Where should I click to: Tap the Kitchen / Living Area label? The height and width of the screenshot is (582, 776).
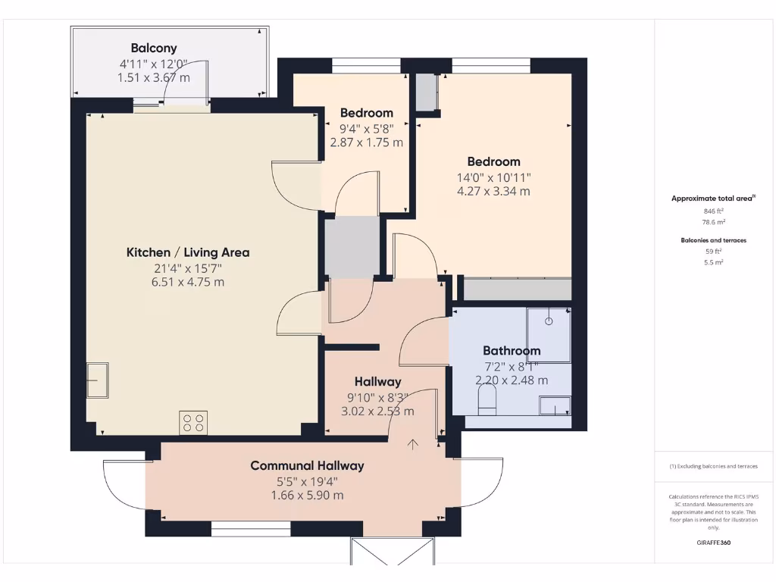click(x=188, y=252)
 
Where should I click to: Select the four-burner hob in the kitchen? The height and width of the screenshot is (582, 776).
click(x=193, y=422)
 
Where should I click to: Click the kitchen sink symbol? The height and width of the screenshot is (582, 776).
click(x=97, y=380)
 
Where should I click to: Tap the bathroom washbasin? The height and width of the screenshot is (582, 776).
click(x=555, y=407)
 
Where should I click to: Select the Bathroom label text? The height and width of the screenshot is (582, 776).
click(x=512, y=351)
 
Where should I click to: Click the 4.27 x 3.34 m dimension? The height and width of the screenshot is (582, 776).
click(x=493, y=191)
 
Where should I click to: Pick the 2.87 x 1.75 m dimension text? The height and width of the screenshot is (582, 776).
click(x=366, y=142)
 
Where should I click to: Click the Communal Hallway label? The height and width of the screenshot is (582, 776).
click(x=307, y=465)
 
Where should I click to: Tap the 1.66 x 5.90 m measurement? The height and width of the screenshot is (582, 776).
click(x=307, y=495)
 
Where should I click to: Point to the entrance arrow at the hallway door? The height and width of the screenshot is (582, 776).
click(x=413, y=445)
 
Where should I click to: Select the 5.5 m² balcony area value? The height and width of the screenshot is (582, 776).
click(x=712, y=261)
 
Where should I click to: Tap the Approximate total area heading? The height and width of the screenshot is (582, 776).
click(x=712, y=199)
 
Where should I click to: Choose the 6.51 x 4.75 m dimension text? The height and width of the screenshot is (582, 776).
click(x=188, y=282)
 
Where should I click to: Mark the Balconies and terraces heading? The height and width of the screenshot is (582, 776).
click(x=712, y=240)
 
